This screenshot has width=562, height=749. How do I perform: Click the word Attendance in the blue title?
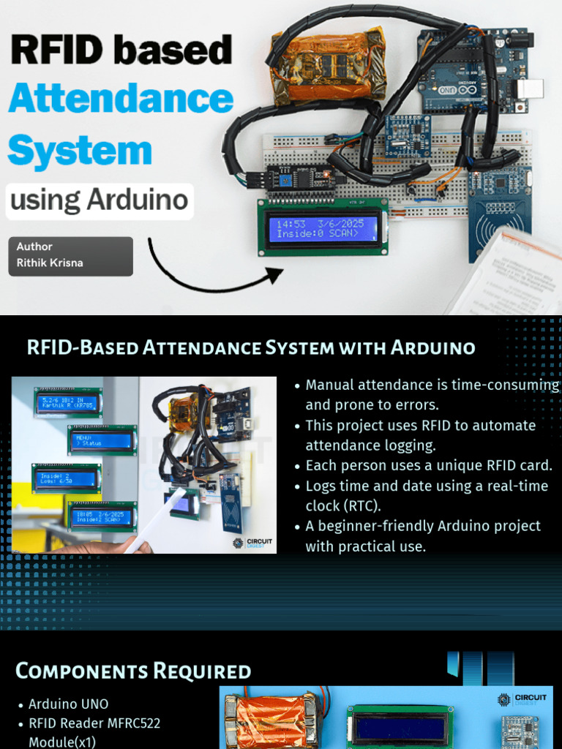[121, 98]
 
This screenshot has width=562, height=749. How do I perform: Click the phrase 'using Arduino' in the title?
[100, 200]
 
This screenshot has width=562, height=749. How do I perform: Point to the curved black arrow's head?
[275, 275]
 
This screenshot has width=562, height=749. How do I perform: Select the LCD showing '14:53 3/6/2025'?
[323, 227]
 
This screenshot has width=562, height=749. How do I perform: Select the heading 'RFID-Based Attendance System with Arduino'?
[251, 347]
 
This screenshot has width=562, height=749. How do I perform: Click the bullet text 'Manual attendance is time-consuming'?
[432, 385]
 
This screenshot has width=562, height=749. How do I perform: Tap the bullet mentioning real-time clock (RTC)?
[427, 496]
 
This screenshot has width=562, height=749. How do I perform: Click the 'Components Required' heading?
[133, 671]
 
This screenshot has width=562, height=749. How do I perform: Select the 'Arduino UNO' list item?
[68, 704]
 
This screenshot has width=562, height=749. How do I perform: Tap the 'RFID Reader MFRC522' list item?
[94, 723]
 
